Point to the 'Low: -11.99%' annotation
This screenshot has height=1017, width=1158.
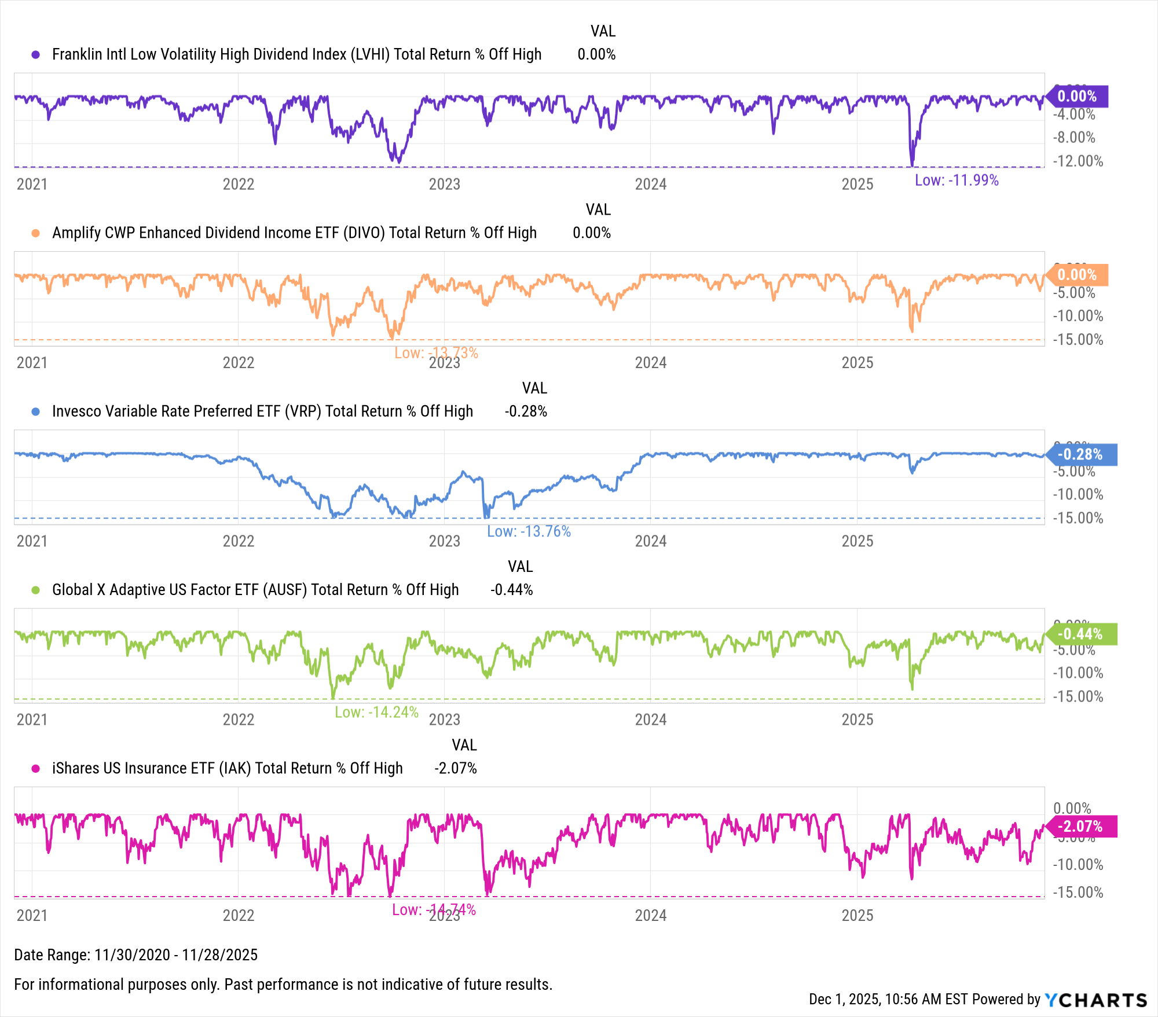[x=957, y=180]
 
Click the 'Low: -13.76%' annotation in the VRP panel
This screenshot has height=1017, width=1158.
[x=529, y=531]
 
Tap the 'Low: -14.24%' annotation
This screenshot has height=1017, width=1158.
[x=376, y=712]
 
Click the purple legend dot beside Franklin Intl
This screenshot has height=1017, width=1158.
[x=36, y=54]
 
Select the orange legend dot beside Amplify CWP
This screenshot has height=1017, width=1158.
[x=36, y=233]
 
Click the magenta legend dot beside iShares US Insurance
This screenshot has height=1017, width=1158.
[x=36, y=769]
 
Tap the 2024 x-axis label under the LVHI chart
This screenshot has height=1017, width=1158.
[x=651, y=184]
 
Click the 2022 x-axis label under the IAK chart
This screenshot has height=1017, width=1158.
[x=239, y=915]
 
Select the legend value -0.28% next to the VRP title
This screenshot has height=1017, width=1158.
[x=526, y=412]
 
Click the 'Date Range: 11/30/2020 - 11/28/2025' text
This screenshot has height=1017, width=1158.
[x=135, y=954]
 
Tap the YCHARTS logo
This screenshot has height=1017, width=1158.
[x=1095, y=1000]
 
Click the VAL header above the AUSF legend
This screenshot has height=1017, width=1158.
[x=520, y=567]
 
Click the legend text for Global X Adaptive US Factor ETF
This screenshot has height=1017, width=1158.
[x=255, y=590]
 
